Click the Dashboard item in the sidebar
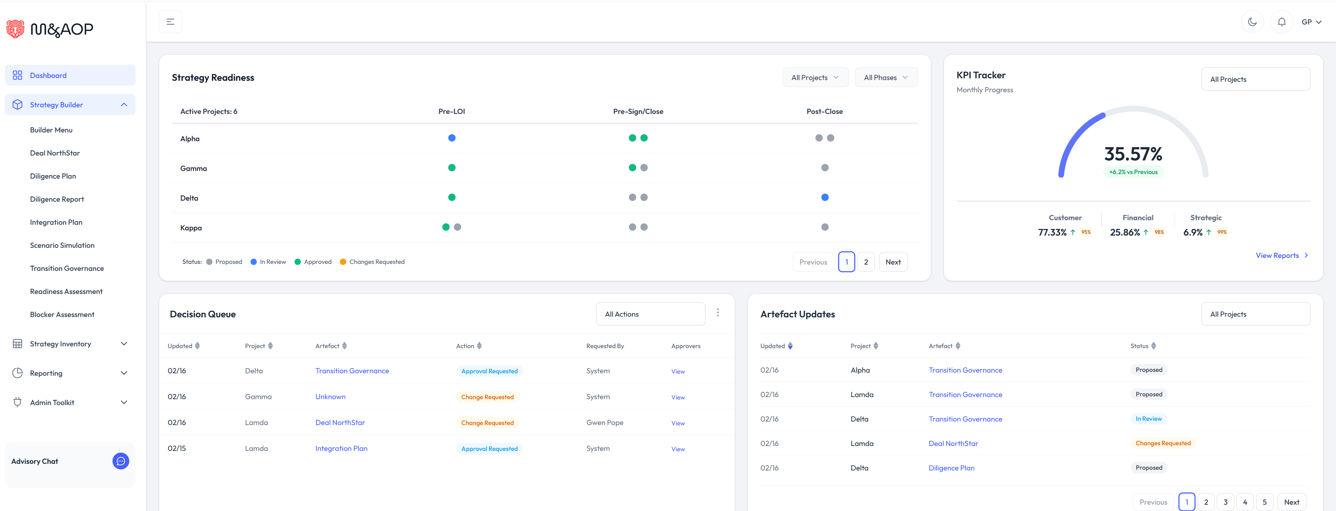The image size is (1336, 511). tap(48, 75)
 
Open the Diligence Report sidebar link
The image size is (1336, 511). tap(57, 199)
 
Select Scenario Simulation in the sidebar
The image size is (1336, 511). tap(62, 245)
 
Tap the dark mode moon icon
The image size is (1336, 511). tap(1252, 22)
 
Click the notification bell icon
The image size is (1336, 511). tap(1281, 22)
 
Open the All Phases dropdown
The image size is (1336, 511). tap(885, 77)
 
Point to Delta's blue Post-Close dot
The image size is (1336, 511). tap(825, 197)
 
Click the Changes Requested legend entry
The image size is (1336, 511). tap(376, 262)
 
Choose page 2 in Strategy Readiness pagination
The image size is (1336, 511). tap(866, 262)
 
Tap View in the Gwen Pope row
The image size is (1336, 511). tap(677, 423)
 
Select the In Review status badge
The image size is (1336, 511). tap(1148, 419)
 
